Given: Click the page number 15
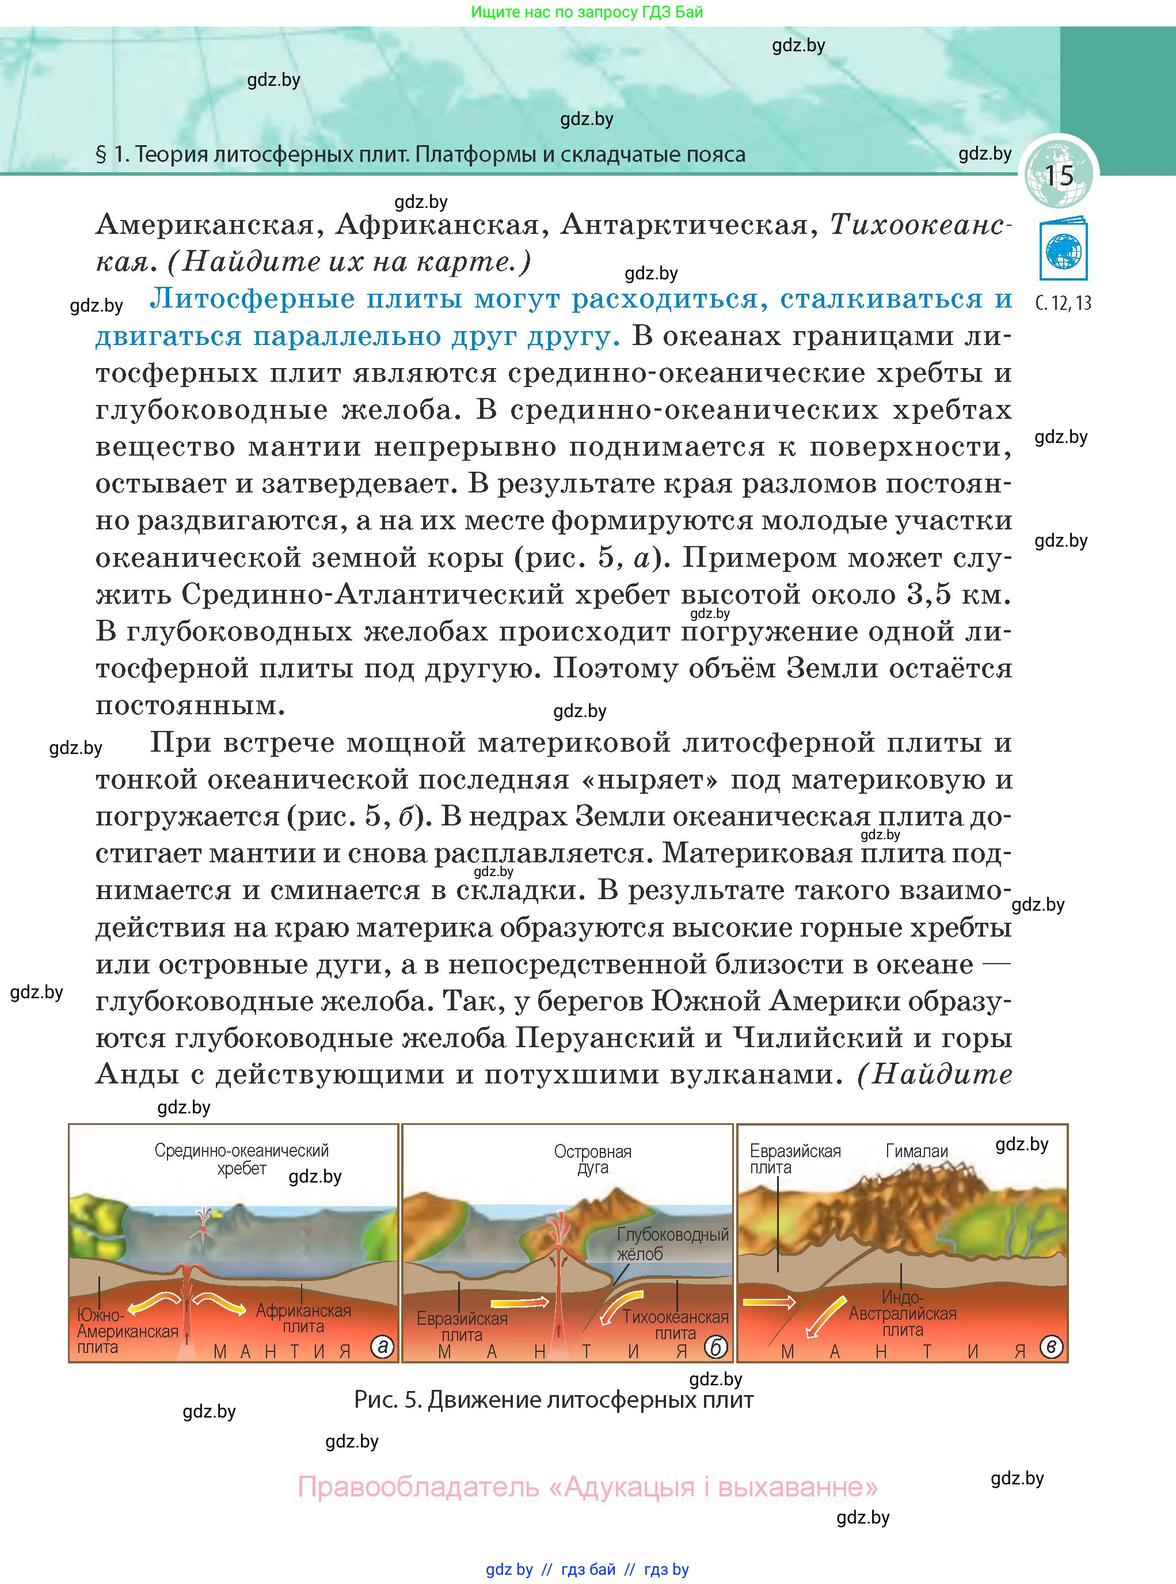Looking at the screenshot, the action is click(1059, 175).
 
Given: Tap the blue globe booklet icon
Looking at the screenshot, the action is click(1064, 250).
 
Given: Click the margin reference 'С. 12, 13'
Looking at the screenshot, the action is click(1063, 303).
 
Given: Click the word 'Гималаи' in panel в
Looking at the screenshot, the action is click(916, 1150).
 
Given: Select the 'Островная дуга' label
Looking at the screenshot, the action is click(592, 1159).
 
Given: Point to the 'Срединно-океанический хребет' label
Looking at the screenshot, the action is click(241, 1159).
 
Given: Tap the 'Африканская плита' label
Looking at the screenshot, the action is click(303, 1318).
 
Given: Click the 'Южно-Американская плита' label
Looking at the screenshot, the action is click(127, 1331).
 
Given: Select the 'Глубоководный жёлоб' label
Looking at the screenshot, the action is click(672, 1244).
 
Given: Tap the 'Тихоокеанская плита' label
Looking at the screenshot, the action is click(675, 1325).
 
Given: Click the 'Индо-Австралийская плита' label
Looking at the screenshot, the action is click(902, 1313).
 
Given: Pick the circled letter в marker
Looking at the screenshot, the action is click(1051, 1346).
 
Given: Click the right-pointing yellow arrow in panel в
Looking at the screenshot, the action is click(769, 1302).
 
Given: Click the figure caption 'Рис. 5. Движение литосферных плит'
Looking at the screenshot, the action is click(553, 1400).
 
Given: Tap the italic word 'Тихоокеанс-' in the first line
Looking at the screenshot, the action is click(918, 225).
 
